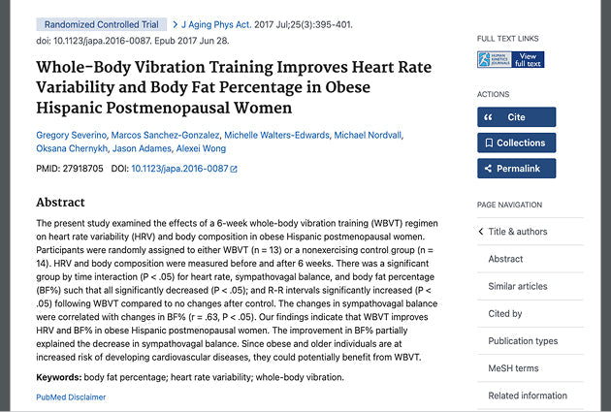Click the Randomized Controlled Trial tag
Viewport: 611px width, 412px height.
click(100, 23)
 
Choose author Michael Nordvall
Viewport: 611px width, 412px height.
click(368, 135)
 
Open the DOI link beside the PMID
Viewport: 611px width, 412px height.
click(184, 170)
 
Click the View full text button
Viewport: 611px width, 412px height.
click(510, 60)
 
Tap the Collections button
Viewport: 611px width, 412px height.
click(516, 143)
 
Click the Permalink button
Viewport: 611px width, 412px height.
click(516, 169)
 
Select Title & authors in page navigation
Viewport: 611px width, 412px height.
click(517, 232)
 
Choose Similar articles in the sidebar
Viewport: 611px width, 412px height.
click(517, 286)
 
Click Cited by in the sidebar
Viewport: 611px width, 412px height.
click(505, 314)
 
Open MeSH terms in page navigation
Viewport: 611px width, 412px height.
click(513, 368)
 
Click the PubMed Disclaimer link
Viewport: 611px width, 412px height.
click(71, 396)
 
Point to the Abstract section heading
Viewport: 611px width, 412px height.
click(60, 203)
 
